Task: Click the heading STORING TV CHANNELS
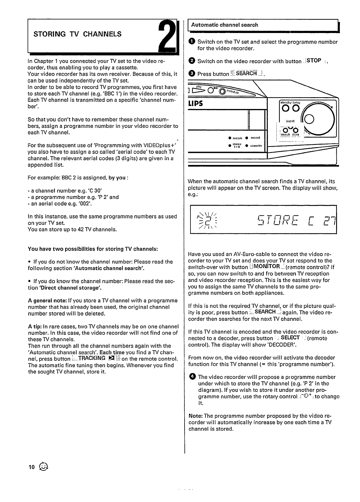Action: (78, 34)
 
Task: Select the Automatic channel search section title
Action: (224, 25)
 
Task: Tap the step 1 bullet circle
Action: (192, 42)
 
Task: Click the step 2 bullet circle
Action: (192, 61)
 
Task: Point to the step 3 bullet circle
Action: (192, 74)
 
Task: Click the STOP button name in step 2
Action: (314, 61)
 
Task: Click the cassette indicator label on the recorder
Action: (256, 146)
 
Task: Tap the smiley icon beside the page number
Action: (43, 466)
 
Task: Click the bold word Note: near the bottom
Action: (195, 416)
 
